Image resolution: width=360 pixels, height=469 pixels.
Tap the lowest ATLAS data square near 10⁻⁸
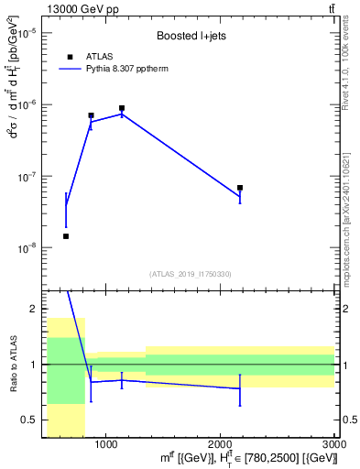(x=66, y=236)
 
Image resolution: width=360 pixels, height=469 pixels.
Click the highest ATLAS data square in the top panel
(x=121, y=108)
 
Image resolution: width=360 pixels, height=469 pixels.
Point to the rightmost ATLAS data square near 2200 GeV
(x=240, y=188)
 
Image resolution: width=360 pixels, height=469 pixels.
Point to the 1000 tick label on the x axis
(x=106, y=444)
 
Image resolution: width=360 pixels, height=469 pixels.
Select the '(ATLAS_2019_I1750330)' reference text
(x=191, y=274)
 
